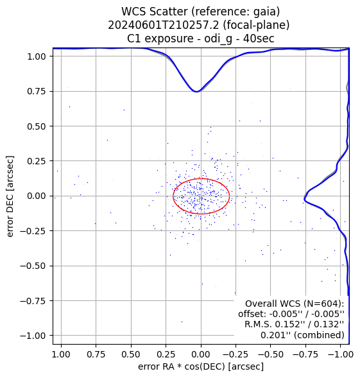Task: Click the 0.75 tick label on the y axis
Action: pyautogui.click(x=36, y=91)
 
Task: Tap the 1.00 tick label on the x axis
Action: pyautogui.click(x=61, y=354)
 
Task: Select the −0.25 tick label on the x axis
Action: pyautogui.click(x=236, y=354)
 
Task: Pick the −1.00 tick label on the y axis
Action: pyautogui.click(x=33, y=336)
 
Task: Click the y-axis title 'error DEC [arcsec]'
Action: pyautogui.click(x=10, y=196)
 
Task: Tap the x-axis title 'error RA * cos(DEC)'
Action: pyautogui.click(x=182, y=366)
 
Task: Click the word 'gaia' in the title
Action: pyautogui.click(x=268, y=12)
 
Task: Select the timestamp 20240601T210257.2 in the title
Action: pyautogui.click(x=164, y=25)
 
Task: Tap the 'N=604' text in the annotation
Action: pyautogui.click(x=321, y=304)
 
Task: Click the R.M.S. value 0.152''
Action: pyautogui.click(x=288, y=324)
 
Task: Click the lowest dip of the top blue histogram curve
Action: pyautogui.click(x=196, y=91)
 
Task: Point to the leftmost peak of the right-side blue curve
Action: pyautogui.click(x=305, y=199)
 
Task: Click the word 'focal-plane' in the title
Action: pyautogui.click(x=256, y=25)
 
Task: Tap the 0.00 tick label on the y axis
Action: pyautogui.click(x=36, y=196)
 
